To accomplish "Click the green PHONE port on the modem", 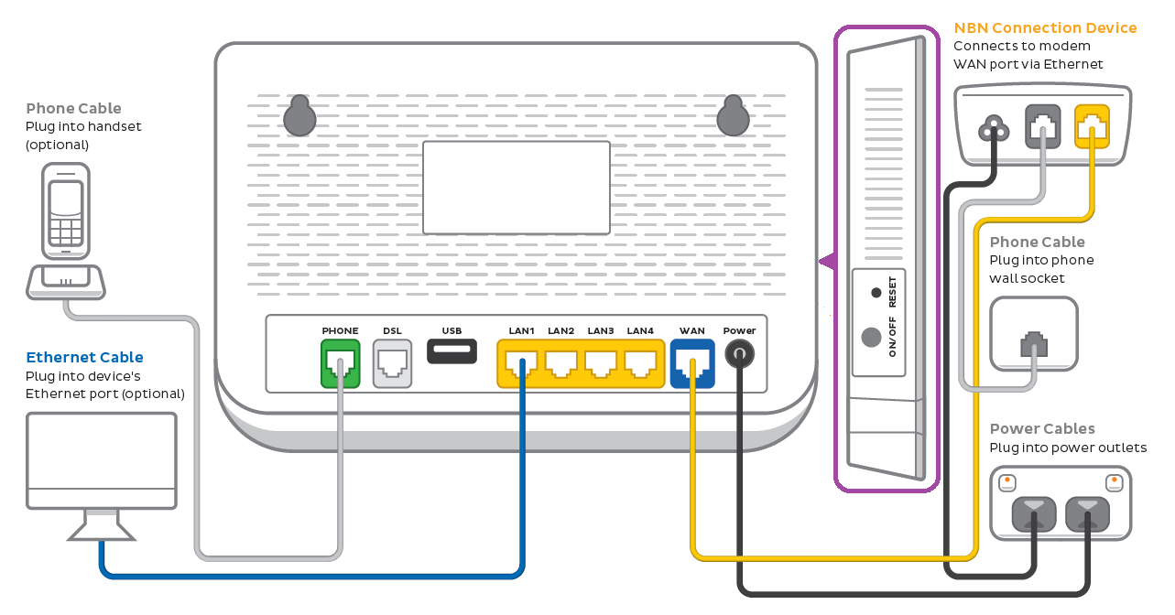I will click(x=340, y=363).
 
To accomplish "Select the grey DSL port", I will click(x=392, y=363).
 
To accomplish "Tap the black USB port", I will click(x=452, y=350).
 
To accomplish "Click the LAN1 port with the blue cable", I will click(x=521, y=363).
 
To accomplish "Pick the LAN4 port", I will click(x=640, y=363).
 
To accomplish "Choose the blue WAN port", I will click(x=691, y=363).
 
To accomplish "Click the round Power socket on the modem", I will click(x=739, y=352).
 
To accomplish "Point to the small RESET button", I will click(x=876, y=293).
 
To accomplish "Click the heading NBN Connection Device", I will click(x=1045, y=28).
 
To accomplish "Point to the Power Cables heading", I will click(x=1042, y=428).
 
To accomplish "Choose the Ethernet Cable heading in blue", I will click(x=84, y=357).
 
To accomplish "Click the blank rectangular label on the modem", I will click(x=517, y=188).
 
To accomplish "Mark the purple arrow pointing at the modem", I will click(x=826, y=263).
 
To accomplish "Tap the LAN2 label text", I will click(x=560, y=330).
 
